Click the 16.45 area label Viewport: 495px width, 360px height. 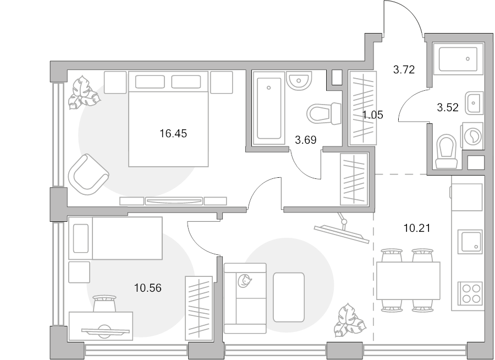tap(173, 133)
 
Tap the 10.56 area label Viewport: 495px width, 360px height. tap(148, 288)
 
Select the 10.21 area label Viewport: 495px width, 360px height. tap(417, 227)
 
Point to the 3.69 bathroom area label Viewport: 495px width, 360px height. tap(306, 139)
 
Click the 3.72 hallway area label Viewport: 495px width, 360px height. tap(404, 69)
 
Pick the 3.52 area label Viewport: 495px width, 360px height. tap(448, 107)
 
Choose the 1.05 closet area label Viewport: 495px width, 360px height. tap(373, 114)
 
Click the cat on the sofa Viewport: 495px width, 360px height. tap(245, 281)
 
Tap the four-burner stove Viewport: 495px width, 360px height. tap(470, 293)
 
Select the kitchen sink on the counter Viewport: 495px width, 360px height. tap(470, 242)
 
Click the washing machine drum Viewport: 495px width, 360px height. tap(473, 136)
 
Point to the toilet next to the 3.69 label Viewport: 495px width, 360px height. tap(324, 113)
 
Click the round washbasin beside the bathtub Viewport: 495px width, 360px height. tap(299, 80)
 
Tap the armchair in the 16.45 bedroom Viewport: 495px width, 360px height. tap(89, 174)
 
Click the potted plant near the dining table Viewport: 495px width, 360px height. tap(350, 320)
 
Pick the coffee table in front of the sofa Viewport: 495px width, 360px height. tap(289, 297)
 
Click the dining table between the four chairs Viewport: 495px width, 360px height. tap(408, 281)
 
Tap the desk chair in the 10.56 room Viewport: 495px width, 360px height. tap(105, 304)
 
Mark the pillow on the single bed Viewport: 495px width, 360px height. tap(81, 238)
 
